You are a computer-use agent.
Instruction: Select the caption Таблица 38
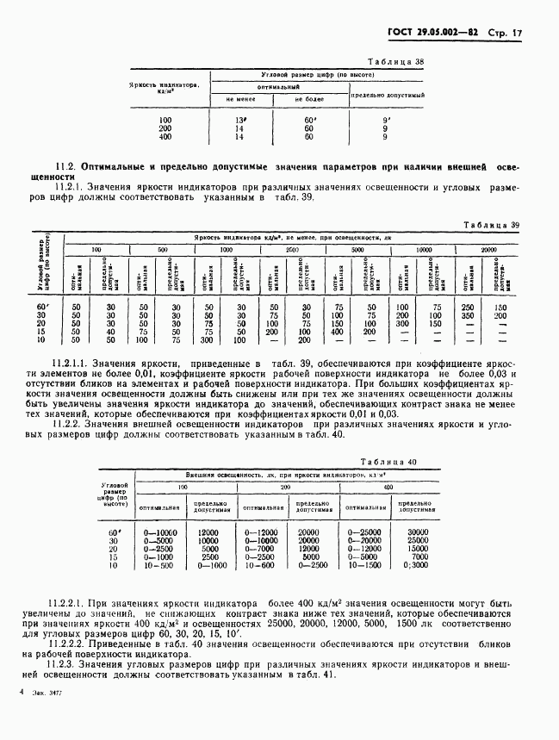[395, 63]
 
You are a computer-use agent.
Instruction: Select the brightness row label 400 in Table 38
[165, 137]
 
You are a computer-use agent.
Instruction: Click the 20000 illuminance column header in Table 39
[488, 248]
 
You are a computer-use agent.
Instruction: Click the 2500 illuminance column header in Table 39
[291, 248]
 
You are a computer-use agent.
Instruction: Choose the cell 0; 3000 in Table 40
[418, 566]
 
